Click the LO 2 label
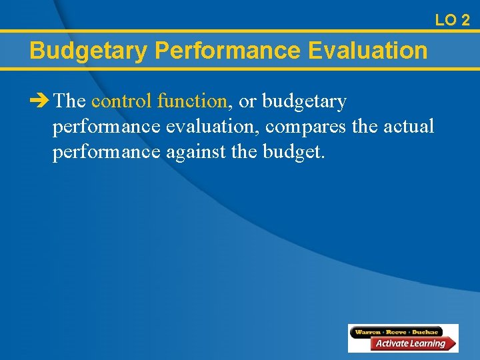452,20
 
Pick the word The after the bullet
69,101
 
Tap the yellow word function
193,101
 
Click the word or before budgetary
247,101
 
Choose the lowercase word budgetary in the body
305,101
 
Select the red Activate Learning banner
409,343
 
